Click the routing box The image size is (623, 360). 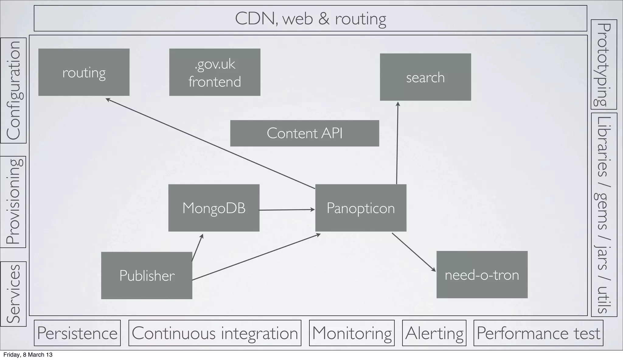click(84, 72)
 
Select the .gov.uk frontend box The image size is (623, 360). click(214, 72)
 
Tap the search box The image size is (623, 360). click(425, 77)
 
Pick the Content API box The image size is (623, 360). click(305, 133)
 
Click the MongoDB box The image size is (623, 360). click(214, 208)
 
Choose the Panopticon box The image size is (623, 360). click(361, 208)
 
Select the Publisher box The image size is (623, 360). click(147, 275)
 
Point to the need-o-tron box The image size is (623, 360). click(482, 275)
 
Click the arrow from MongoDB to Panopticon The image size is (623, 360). click(287, 210)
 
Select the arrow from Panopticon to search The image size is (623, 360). click(397, 143)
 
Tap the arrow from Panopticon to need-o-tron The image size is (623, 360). click(414, 252)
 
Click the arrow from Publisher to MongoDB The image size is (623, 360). click(197, 248)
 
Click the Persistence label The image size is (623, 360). click(77, 333)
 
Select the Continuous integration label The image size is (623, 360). click(215, 333)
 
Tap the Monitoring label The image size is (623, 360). click(352, 333)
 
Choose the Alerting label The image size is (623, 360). click(434, 333)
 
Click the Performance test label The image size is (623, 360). click(538, 333)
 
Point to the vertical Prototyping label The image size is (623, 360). click(604, 64)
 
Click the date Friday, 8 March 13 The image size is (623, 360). click(28, 355)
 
